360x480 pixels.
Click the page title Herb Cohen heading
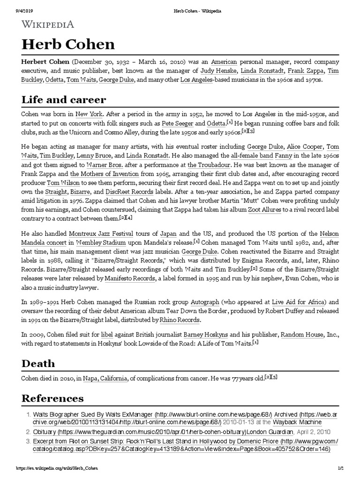pos(68,45)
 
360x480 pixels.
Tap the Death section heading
pos(38,363)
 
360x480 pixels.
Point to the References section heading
pos(52,398)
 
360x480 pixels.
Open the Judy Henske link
pos(219,71)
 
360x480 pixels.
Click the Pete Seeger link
pos(178,123)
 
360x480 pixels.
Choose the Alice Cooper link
pos(301,146)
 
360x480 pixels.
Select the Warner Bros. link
pos(103,165)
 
